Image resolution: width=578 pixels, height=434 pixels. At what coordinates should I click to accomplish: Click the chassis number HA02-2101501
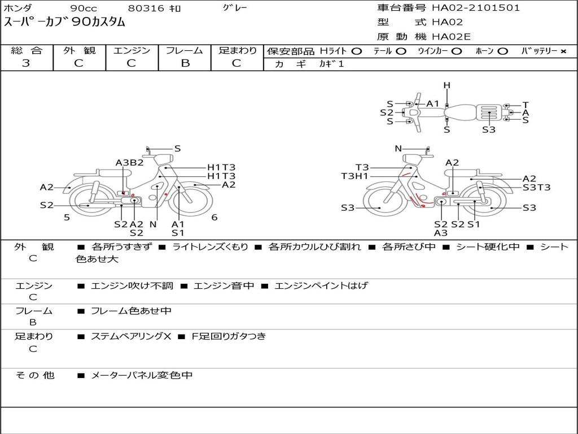pyautogui.click(x=476, y=8)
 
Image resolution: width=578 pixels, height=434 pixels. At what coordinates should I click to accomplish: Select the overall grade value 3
pyautogui.click(x=26, y=63)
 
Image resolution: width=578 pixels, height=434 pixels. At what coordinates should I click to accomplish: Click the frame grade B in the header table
pyautogui.click(x=185, y=63)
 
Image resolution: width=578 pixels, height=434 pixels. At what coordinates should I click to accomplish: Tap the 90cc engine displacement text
pyautogui.click(x=83, y=8)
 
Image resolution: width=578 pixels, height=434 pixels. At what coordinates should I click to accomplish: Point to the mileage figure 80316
pyautogui.click(x=146, y=8)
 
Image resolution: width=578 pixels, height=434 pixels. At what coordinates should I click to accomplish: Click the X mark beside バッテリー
pyautogui.click(x=563, y=51)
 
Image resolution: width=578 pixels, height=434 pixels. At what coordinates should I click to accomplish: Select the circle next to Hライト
pyautogui.click(x=356, y=51)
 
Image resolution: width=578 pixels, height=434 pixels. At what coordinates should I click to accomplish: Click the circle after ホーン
pyautogui.click(x=502, y=51)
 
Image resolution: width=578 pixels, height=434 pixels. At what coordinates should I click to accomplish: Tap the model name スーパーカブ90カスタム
pyautogui.click(x=64, y=23)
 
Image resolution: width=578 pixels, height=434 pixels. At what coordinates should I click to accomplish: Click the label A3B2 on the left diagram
pyautogui.click(x=129, y=163)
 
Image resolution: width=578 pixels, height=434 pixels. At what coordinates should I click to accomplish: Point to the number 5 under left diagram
pyautogui.click(x=67, y=218)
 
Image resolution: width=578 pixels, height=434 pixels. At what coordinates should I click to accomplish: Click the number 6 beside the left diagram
pyautogui.click(x=214, y=218)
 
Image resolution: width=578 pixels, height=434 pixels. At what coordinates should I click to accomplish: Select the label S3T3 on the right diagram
pyautogui.click(x=536, y=188)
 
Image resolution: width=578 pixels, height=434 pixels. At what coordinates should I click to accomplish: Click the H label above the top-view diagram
pyautogui.click(x=446, y=85)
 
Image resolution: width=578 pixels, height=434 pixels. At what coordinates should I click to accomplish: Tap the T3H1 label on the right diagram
pyautogui.click(x=354, y=176)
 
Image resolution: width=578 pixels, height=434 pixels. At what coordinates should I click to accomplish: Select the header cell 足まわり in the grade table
pyautogui.click(x=237, y=50)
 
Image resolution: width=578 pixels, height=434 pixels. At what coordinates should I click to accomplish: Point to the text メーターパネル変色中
pyautogui.click(x=142, y=375)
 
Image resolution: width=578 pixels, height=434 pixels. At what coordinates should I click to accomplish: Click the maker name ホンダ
pyautogui.click(x=18, y=8)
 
